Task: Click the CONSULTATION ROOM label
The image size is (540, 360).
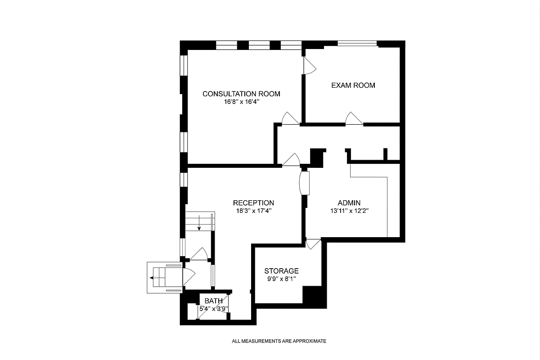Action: click(241, 94)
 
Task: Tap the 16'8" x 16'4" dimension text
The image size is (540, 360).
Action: click(241, 102)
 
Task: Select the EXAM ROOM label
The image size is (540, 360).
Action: click(353, 85)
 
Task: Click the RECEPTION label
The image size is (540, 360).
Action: click(253, 202)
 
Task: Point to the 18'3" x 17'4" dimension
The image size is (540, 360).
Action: click(253, 211)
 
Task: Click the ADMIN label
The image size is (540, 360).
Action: click(349, 202)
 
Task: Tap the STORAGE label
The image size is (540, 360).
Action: click(281, 271)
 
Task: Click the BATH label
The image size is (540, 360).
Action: click(214, 301)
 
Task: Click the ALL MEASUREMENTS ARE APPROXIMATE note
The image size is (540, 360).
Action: click(279, 341)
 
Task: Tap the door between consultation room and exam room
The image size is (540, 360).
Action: click(310, 66)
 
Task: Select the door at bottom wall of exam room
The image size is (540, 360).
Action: click(354, 118)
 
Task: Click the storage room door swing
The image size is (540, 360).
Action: click(312, 243)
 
